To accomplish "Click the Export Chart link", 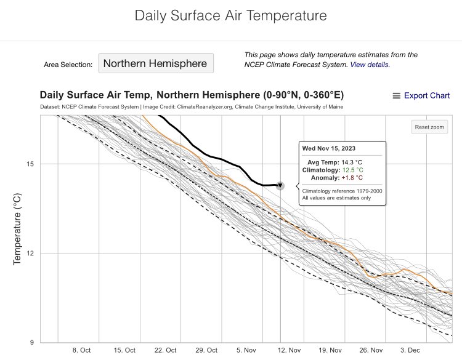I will pos(426,96).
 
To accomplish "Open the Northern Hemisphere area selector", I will pos(156,63).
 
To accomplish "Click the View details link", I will pos(370,64).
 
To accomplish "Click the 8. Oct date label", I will pos(81,350).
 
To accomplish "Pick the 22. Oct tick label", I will pos(165,350).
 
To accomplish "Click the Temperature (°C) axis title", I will pos(17,229).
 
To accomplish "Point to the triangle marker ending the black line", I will pos(280,185).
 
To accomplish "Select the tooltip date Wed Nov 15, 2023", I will pos(328,148).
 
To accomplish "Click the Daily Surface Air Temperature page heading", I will pos(230,16).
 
